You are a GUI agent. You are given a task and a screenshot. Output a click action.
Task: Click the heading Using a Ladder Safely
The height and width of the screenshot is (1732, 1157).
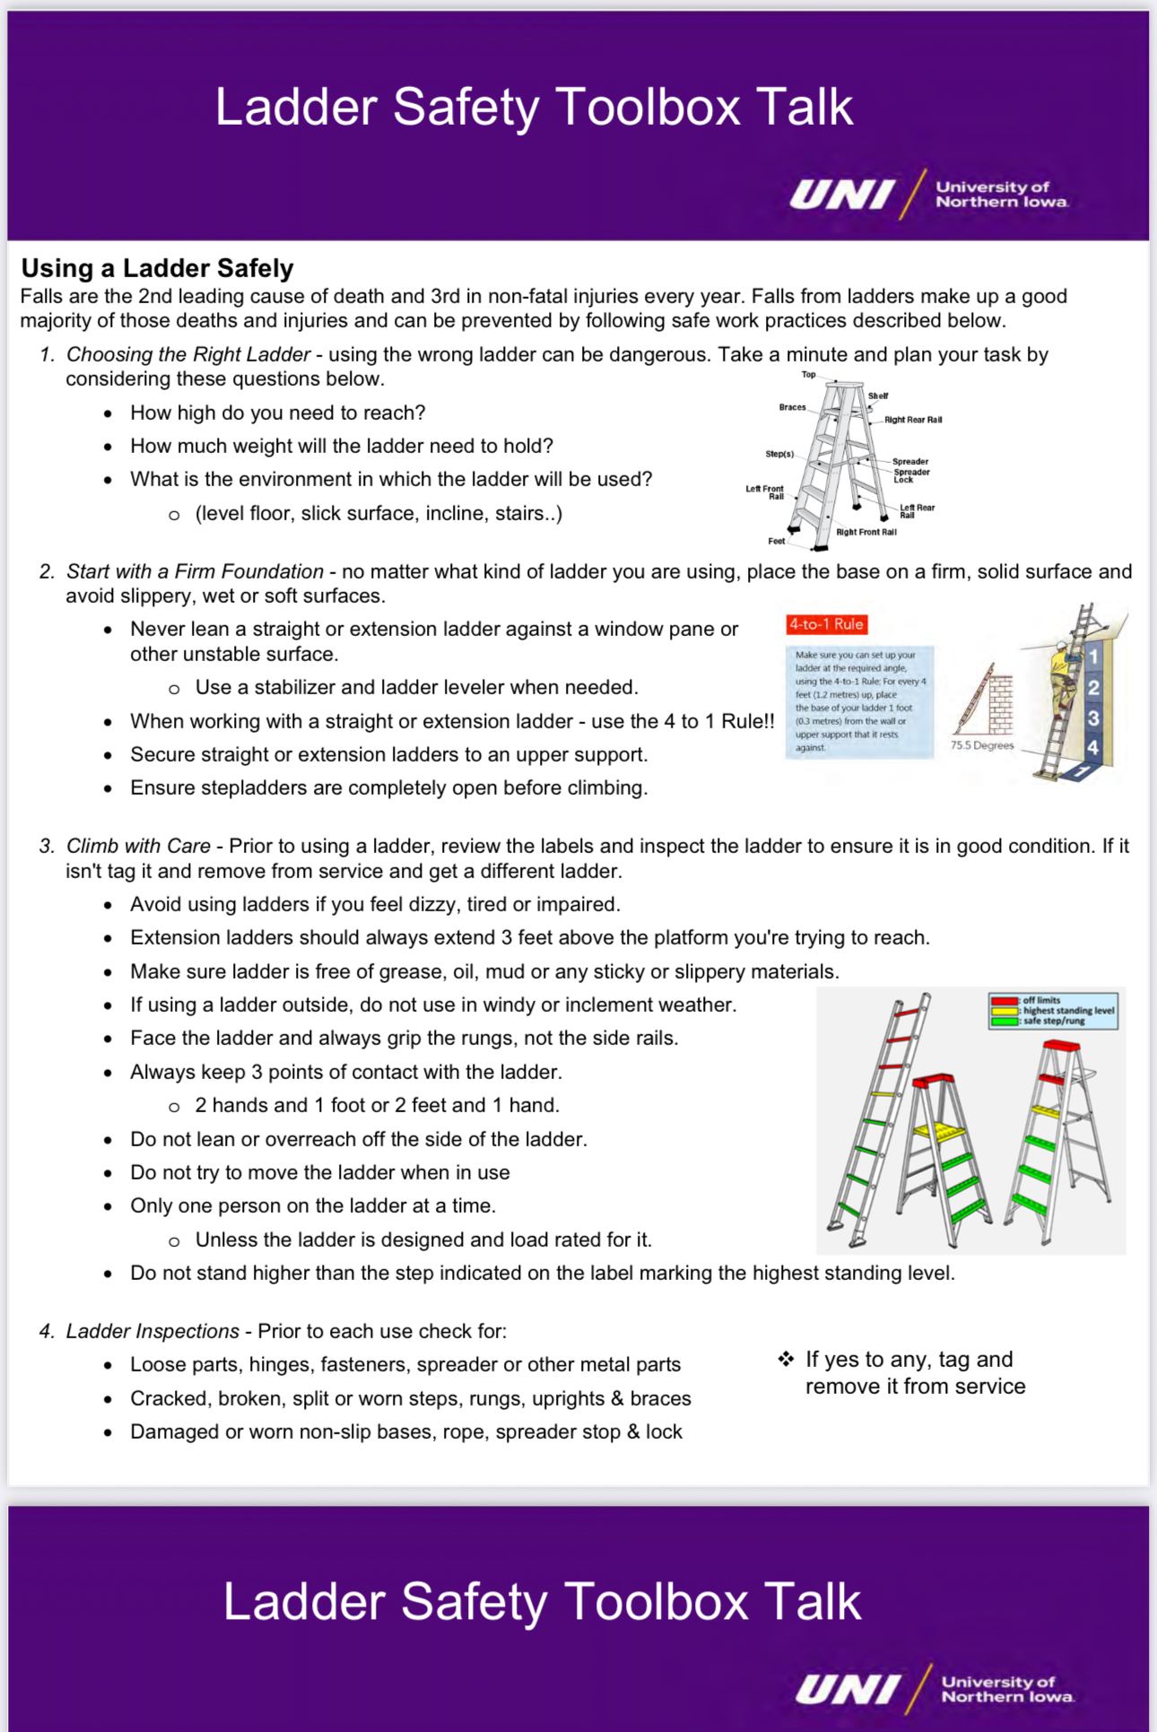point(157,268)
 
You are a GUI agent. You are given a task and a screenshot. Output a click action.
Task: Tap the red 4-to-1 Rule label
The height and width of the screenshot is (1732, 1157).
point(826,624)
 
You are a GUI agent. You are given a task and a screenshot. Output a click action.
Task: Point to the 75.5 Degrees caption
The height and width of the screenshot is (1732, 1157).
point(981,745)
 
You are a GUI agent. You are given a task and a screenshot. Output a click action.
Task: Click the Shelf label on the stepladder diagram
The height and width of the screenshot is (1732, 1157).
point(877,396)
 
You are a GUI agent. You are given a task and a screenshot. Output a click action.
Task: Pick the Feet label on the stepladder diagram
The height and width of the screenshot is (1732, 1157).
point(776,541)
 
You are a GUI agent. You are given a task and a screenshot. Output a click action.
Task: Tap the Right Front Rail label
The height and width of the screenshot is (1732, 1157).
point(866,532)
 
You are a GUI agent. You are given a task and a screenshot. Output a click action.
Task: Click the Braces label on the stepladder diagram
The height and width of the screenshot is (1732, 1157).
point(792,407)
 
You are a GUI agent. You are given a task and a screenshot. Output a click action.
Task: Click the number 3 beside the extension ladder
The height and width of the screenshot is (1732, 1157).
point(1092,718)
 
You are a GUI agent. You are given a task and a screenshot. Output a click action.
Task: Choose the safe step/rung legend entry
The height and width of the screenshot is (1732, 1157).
point(1053,1021)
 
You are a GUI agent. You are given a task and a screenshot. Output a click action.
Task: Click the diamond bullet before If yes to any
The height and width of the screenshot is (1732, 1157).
point(786,1359)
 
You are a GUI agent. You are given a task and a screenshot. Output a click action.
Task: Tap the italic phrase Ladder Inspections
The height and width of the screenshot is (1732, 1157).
point(152,1331)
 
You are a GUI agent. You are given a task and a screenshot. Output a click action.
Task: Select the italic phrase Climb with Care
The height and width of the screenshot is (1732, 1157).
point(138,846)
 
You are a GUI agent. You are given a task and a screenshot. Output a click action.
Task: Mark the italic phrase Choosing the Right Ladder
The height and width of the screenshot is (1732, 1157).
point(188,354)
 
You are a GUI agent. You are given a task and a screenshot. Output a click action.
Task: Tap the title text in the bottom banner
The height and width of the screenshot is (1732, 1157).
point(542,1601)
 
